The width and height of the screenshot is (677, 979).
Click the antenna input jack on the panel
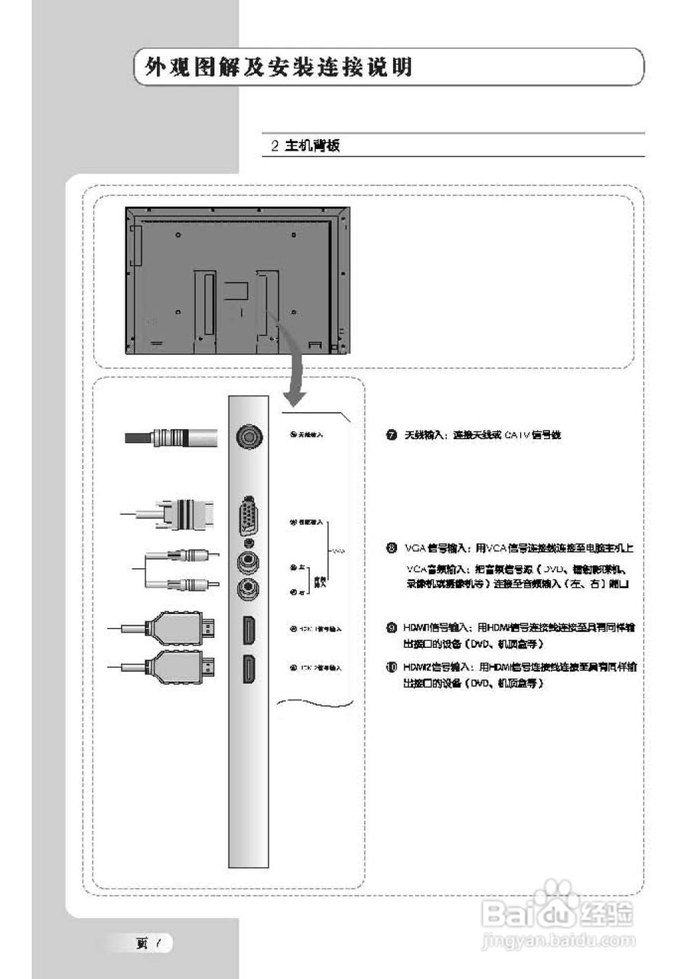coord(249,437)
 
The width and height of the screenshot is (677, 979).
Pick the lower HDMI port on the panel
coord(249,669)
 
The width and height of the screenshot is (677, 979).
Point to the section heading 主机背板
coord(311,146)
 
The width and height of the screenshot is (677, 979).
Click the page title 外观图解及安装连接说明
coord(273,67)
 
